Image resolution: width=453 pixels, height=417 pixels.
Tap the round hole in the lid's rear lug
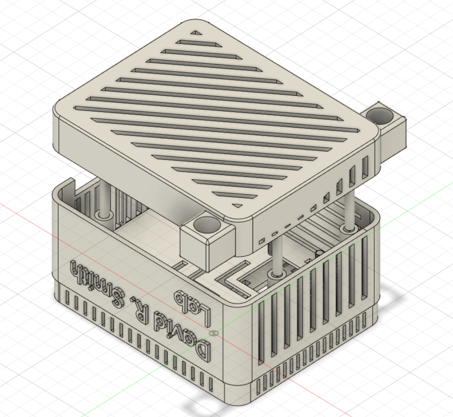[382, 115]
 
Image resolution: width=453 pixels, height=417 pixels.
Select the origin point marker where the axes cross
[213, 333]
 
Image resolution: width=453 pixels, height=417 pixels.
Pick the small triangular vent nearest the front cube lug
[237, 206]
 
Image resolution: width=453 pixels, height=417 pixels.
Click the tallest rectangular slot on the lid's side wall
[365, 166]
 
